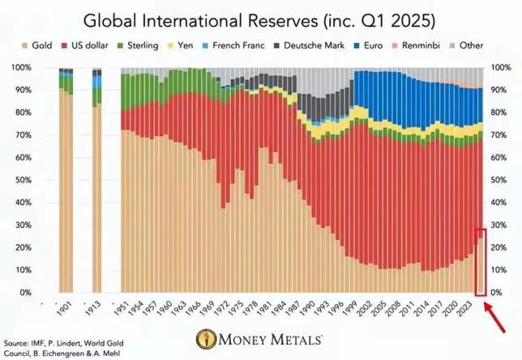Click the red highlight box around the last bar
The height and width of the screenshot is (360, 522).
pyautogui.click(x=480, y=262)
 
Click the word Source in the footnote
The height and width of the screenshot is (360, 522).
pyautogui.click(x=16, y=334)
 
